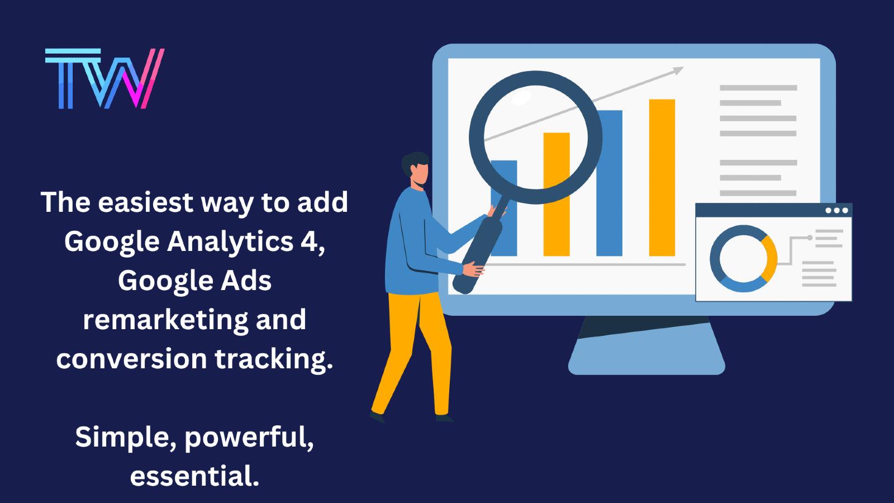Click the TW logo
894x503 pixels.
104,79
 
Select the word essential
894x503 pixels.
194,476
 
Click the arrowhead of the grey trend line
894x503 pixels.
677,70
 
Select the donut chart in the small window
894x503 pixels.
743,259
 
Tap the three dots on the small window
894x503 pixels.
836,210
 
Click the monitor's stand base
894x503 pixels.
646,363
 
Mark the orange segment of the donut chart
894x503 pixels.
770,259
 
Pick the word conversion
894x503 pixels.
131,359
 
